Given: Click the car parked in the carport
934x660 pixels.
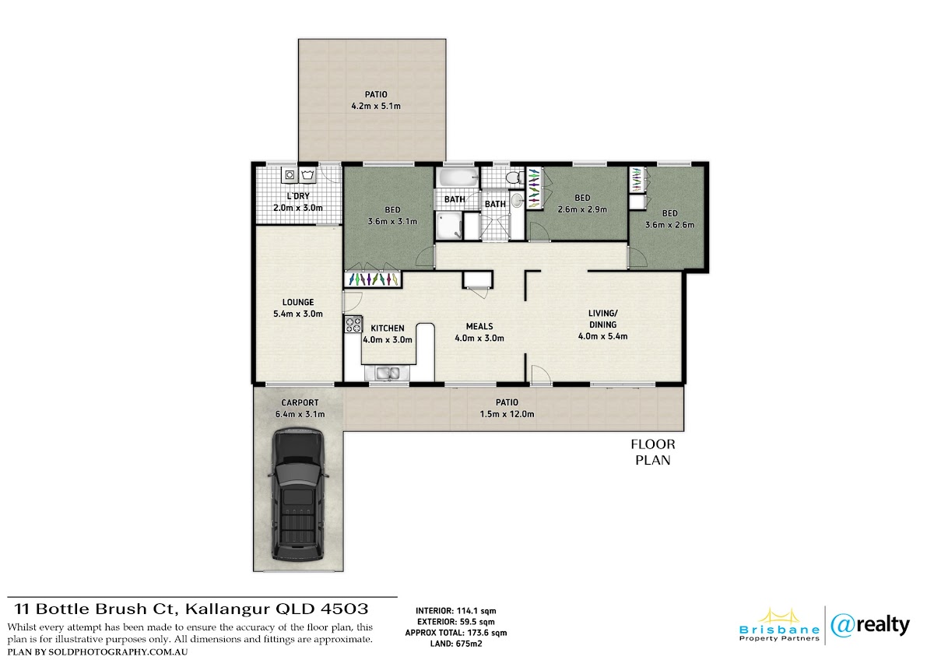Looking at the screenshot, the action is click(298, 494).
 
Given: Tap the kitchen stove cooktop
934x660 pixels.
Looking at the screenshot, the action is click(353, 325).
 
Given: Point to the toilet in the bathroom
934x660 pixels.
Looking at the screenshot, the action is click(514, 178).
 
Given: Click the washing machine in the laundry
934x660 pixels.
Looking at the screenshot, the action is click(290, 174).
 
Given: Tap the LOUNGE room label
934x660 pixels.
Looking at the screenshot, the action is click(298, 302).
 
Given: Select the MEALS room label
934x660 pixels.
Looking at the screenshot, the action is click(479, 326).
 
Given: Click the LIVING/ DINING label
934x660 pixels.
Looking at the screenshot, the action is click(603, 319).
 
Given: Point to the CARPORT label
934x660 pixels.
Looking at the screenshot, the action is click(300, 402).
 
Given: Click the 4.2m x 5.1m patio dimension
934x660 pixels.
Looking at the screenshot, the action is click(376, 107).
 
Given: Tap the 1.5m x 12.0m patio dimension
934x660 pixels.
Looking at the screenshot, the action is click(507, 414).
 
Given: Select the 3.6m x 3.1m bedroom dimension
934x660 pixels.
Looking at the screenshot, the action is click(392, 222).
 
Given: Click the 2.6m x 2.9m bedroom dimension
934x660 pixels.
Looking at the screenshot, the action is click(582, 209).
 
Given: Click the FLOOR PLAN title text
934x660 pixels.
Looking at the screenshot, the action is click(653, 452).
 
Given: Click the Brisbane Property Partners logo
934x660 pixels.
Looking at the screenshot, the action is click(779, 627).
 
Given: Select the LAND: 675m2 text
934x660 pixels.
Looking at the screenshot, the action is click(456, 644).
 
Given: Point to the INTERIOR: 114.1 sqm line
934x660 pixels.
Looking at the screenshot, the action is click(456, 611).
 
